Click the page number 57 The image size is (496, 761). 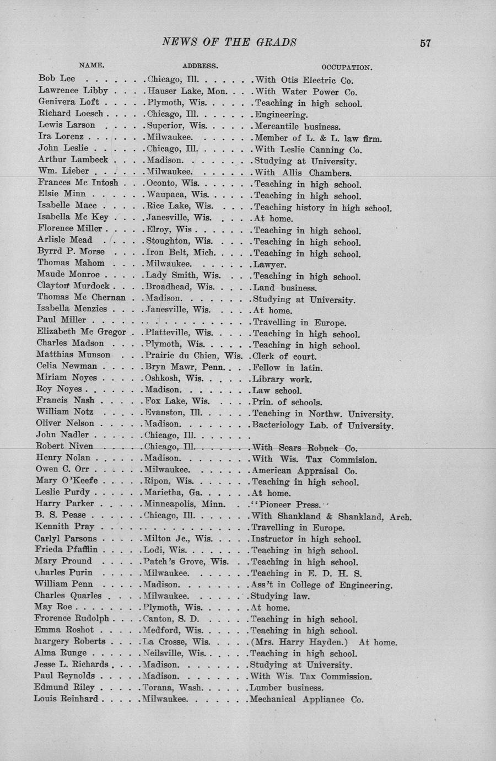425,43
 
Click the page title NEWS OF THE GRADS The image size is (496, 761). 229,42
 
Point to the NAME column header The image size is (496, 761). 91,65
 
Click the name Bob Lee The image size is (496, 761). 57,78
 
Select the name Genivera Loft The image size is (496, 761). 69,102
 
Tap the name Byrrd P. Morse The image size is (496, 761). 71,251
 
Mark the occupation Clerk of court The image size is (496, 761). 284,356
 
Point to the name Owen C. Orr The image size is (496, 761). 62,469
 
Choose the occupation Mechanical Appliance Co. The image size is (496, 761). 306,699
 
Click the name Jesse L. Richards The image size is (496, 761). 72,664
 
